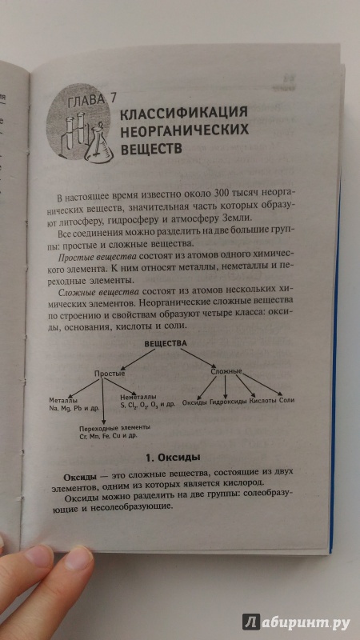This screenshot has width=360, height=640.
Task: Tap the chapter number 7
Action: tap(113, 98)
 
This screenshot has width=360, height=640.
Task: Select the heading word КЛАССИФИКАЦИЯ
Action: tap(184, 114)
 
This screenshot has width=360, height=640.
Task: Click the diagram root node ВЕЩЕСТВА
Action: tap(166, 344)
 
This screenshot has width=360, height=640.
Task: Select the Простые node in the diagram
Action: tap(110, 373)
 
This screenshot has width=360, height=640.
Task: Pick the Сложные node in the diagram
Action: tap(226, 372)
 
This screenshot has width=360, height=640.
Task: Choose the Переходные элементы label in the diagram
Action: tap(115, 428)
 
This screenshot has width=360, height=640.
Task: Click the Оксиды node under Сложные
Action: tap(194, 402)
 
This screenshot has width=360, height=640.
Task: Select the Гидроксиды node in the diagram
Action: tap(229, 402)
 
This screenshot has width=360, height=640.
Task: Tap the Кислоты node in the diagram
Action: tap(264, 401)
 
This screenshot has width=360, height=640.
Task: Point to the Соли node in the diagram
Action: tap(287, 400)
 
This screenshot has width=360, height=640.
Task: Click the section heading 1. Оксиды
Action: tap(173, 458)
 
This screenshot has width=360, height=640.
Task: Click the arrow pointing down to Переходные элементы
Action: tap(104, 402)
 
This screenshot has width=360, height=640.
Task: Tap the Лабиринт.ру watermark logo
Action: tap(296, 622)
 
